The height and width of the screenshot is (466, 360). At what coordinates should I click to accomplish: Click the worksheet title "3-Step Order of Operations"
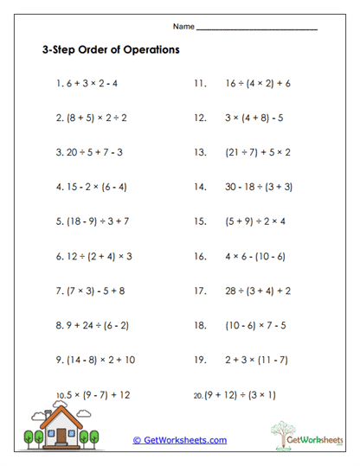click(x=111, y=50)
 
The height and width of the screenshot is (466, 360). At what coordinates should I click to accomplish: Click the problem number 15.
click(x=200, y=220)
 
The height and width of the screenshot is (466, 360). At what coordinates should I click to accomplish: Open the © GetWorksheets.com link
click(x=180, y=440)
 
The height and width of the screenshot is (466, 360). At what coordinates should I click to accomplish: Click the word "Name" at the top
click(x=183, y=26)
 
